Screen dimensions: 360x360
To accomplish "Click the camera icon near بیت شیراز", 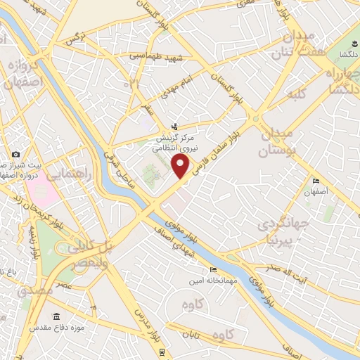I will pyautogui.click(x=15, y=154).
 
